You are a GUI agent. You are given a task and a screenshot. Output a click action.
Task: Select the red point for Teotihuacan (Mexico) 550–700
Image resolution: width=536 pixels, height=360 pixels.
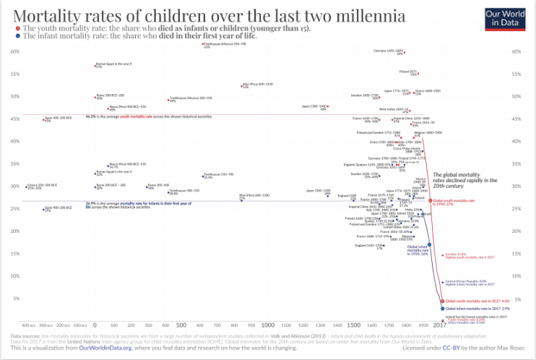pyautogui.click(x=203, y=44)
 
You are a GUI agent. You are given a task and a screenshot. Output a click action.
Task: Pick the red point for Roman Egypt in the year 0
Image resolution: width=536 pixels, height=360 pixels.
pyautogui.click(x=95, y=66)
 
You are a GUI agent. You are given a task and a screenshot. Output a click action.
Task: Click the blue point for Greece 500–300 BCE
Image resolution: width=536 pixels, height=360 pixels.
pyautogui.click(x=26, y=187)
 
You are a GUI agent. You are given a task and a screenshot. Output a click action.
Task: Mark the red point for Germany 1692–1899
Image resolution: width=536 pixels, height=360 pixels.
pyautogui.click(x=405, y=53)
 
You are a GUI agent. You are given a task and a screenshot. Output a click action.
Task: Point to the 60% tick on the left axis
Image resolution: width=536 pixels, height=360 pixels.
pyautogui.click(x=14, y=51)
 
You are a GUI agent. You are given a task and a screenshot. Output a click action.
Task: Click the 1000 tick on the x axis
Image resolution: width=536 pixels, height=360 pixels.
pyautogui.click(x=267, y=326)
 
